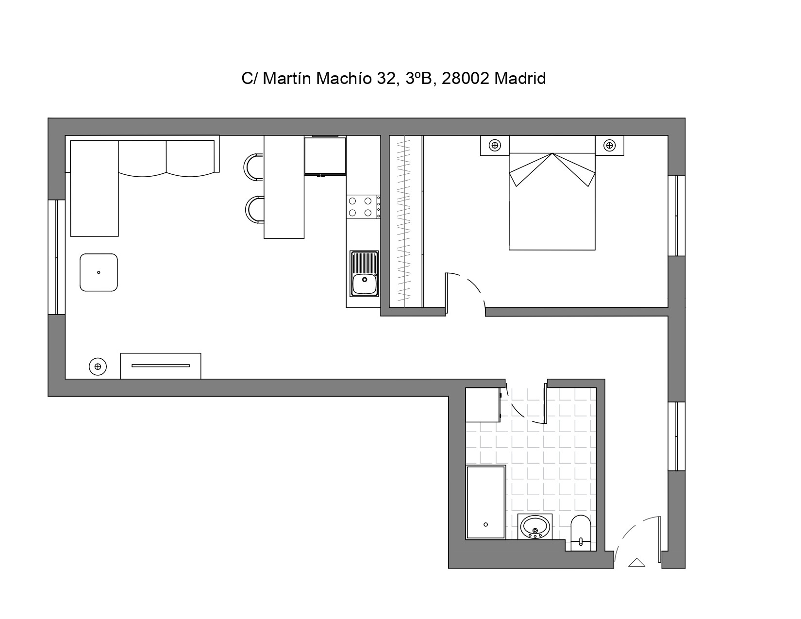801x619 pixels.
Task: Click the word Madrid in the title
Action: [519, 78]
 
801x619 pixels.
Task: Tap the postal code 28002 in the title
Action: [466, 78]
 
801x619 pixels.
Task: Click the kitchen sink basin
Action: [365, 284]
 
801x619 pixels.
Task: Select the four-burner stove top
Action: [363, 207]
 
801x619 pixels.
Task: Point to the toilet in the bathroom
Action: [581, 533]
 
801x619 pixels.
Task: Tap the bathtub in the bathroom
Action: [486, 502]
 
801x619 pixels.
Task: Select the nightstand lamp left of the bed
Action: [495, 145]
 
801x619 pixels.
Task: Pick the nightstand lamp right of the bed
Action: [610, 145]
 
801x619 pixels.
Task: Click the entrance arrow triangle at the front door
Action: [636, 563]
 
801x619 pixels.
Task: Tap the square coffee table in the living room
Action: [99, 272]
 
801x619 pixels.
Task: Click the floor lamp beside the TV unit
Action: [98, 367]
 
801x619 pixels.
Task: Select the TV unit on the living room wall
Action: [161, 366]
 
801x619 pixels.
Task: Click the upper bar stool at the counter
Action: [253, 167]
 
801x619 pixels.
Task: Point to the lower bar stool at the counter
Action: [254, 210]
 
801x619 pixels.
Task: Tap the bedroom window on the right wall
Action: [677, 216]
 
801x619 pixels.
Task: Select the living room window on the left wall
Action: [56, 257]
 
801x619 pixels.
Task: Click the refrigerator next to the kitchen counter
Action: [325, 155]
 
